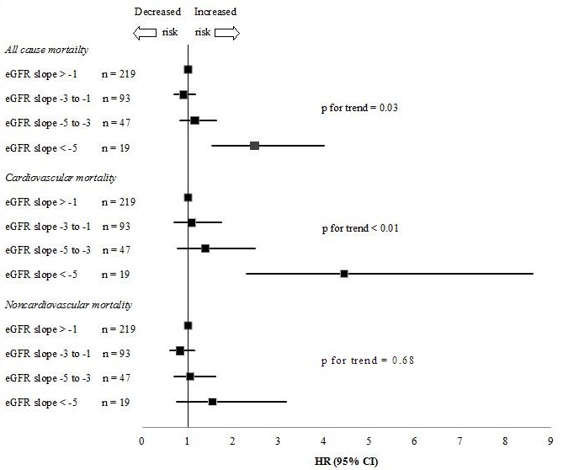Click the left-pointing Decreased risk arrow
(x=145, y=33)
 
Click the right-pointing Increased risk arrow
(x=227, y=33)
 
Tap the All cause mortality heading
(x=46, y=50)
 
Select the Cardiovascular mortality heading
(x=61, y=178)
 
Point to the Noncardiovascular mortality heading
(x=68, y=305)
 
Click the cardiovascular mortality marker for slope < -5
(x=344, y=274)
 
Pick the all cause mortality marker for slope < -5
(x=255, y=146)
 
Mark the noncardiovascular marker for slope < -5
(x=213, y=402)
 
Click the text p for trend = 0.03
(x=359, y=108)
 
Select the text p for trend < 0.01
(x=360, y=228)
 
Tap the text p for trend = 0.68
(x=368, y=361)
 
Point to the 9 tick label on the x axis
(x=550, y=441)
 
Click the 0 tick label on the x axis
(x=142, y=441)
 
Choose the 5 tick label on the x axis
(x=369, y=441)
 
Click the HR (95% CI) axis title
(x=346, y=462)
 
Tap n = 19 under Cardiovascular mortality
(x=115, y=275)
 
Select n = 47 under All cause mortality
(x=116, y=123)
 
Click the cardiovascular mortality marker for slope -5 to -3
(x=205, y=248)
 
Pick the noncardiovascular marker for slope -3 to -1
(x=180, y=350)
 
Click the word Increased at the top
(x=215, y=12)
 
